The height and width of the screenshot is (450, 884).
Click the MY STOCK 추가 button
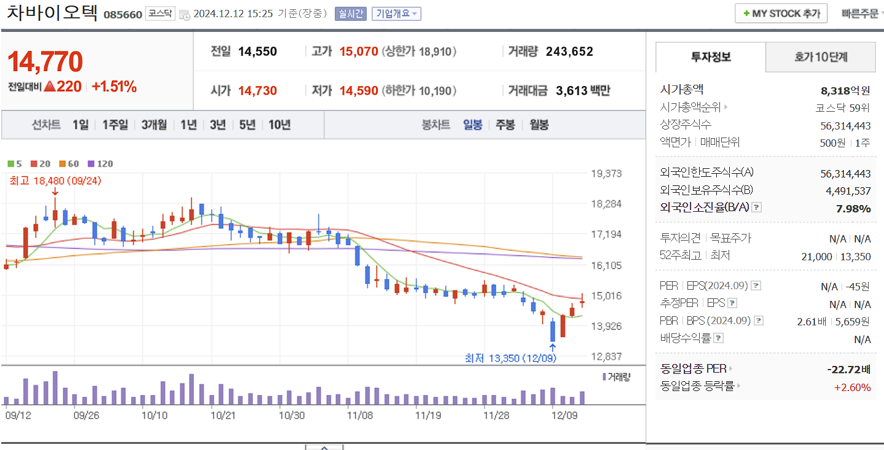[x=781, y=14]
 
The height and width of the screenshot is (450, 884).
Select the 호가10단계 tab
[x=820, y=58]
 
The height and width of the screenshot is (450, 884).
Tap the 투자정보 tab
[x=711, y=58]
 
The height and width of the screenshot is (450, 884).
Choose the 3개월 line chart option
[x=154, y=125]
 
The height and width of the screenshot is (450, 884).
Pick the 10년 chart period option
[x=280, y=125]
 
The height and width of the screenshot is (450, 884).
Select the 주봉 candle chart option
[x=505, y=125]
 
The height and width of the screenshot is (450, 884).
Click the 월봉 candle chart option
[x=539, y=125]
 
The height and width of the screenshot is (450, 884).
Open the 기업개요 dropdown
[x=396, y=14]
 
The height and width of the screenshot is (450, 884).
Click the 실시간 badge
[x=350, y=14]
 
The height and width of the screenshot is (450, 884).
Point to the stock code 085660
[x=123, y=14]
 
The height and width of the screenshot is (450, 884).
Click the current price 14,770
[x=45, y=61]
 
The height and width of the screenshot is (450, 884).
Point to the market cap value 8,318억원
[x=845, y=91]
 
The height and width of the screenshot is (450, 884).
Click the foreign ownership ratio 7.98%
[x=853, y=209]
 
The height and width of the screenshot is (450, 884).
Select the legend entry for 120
[x=101, y=164]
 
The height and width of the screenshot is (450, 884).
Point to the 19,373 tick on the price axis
[x=606, y=174]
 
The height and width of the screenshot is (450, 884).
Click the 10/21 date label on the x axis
[x=223, y=415]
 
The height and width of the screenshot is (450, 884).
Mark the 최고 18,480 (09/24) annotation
[x=55, y=180]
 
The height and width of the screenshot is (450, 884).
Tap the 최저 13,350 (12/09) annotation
[x=510, y=358]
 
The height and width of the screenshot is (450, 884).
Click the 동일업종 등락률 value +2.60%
[x=852, y=387]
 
